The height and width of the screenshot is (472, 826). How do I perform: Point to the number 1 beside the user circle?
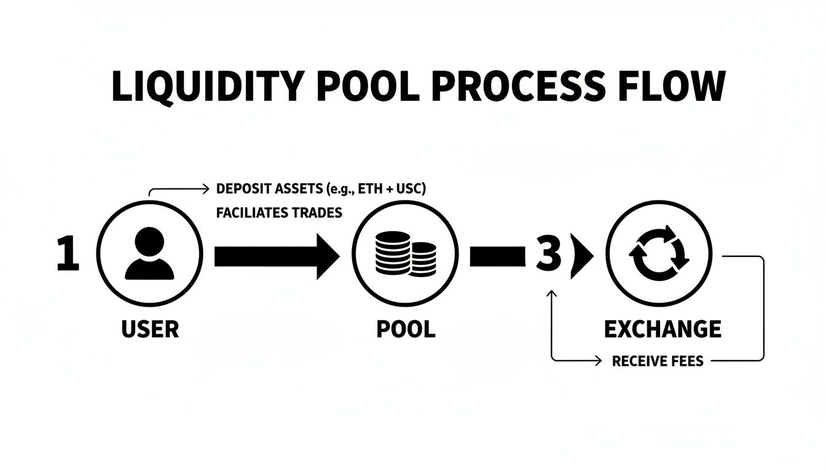click(68, 255)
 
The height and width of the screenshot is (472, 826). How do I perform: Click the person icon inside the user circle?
click(149, 254)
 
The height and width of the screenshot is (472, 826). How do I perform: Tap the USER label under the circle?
click(150, 329)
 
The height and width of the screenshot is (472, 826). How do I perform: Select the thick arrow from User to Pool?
click(276, 255)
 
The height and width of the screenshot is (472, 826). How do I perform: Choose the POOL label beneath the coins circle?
click(405, 329)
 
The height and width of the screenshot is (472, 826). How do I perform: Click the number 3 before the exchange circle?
click(548, 255)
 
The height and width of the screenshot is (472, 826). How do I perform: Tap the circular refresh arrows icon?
click(659, 254)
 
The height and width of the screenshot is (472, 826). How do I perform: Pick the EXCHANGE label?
click(663, 329)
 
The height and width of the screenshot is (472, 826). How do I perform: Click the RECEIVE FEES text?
click(658, 361)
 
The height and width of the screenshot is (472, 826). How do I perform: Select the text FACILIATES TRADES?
click(279, 213)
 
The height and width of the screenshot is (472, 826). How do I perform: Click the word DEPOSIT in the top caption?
click(242, 188)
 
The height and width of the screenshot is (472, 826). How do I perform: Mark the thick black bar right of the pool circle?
click(497, 256)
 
